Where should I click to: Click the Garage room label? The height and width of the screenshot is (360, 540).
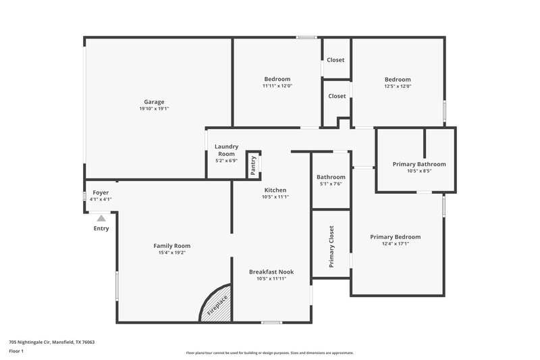click(154, 102)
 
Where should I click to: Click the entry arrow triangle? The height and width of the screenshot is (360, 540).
click(101, 217)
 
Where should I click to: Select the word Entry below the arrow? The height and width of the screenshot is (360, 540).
click(101, 228)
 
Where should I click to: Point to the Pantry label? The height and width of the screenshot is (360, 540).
click(253, 165)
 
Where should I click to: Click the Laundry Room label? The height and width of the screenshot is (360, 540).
click(226, 150)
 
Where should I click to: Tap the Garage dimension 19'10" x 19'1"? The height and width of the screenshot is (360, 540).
click(154, 109)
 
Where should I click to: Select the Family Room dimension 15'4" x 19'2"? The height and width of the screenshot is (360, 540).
click(172, 253)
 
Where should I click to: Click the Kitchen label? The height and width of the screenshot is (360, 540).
click(275, 190)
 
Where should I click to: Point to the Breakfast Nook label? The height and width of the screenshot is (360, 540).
click(271, 272)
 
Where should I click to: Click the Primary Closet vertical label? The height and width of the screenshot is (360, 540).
click(331, 247)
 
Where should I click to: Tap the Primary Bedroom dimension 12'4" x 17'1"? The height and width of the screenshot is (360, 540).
click(395, 244)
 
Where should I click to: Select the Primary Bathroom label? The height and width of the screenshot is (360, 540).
click(419, 164)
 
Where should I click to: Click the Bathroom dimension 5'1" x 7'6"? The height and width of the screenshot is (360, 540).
click(331, 184)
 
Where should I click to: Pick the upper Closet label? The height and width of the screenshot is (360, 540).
click(335, 60)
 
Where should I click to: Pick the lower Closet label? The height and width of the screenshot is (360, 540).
click(337, 96)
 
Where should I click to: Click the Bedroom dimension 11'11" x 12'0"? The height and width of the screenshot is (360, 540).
click(277, 86)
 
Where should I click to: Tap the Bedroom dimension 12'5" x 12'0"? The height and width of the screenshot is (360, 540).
click(398, 86)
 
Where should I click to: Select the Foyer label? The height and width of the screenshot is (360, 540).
click(100, 192)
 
